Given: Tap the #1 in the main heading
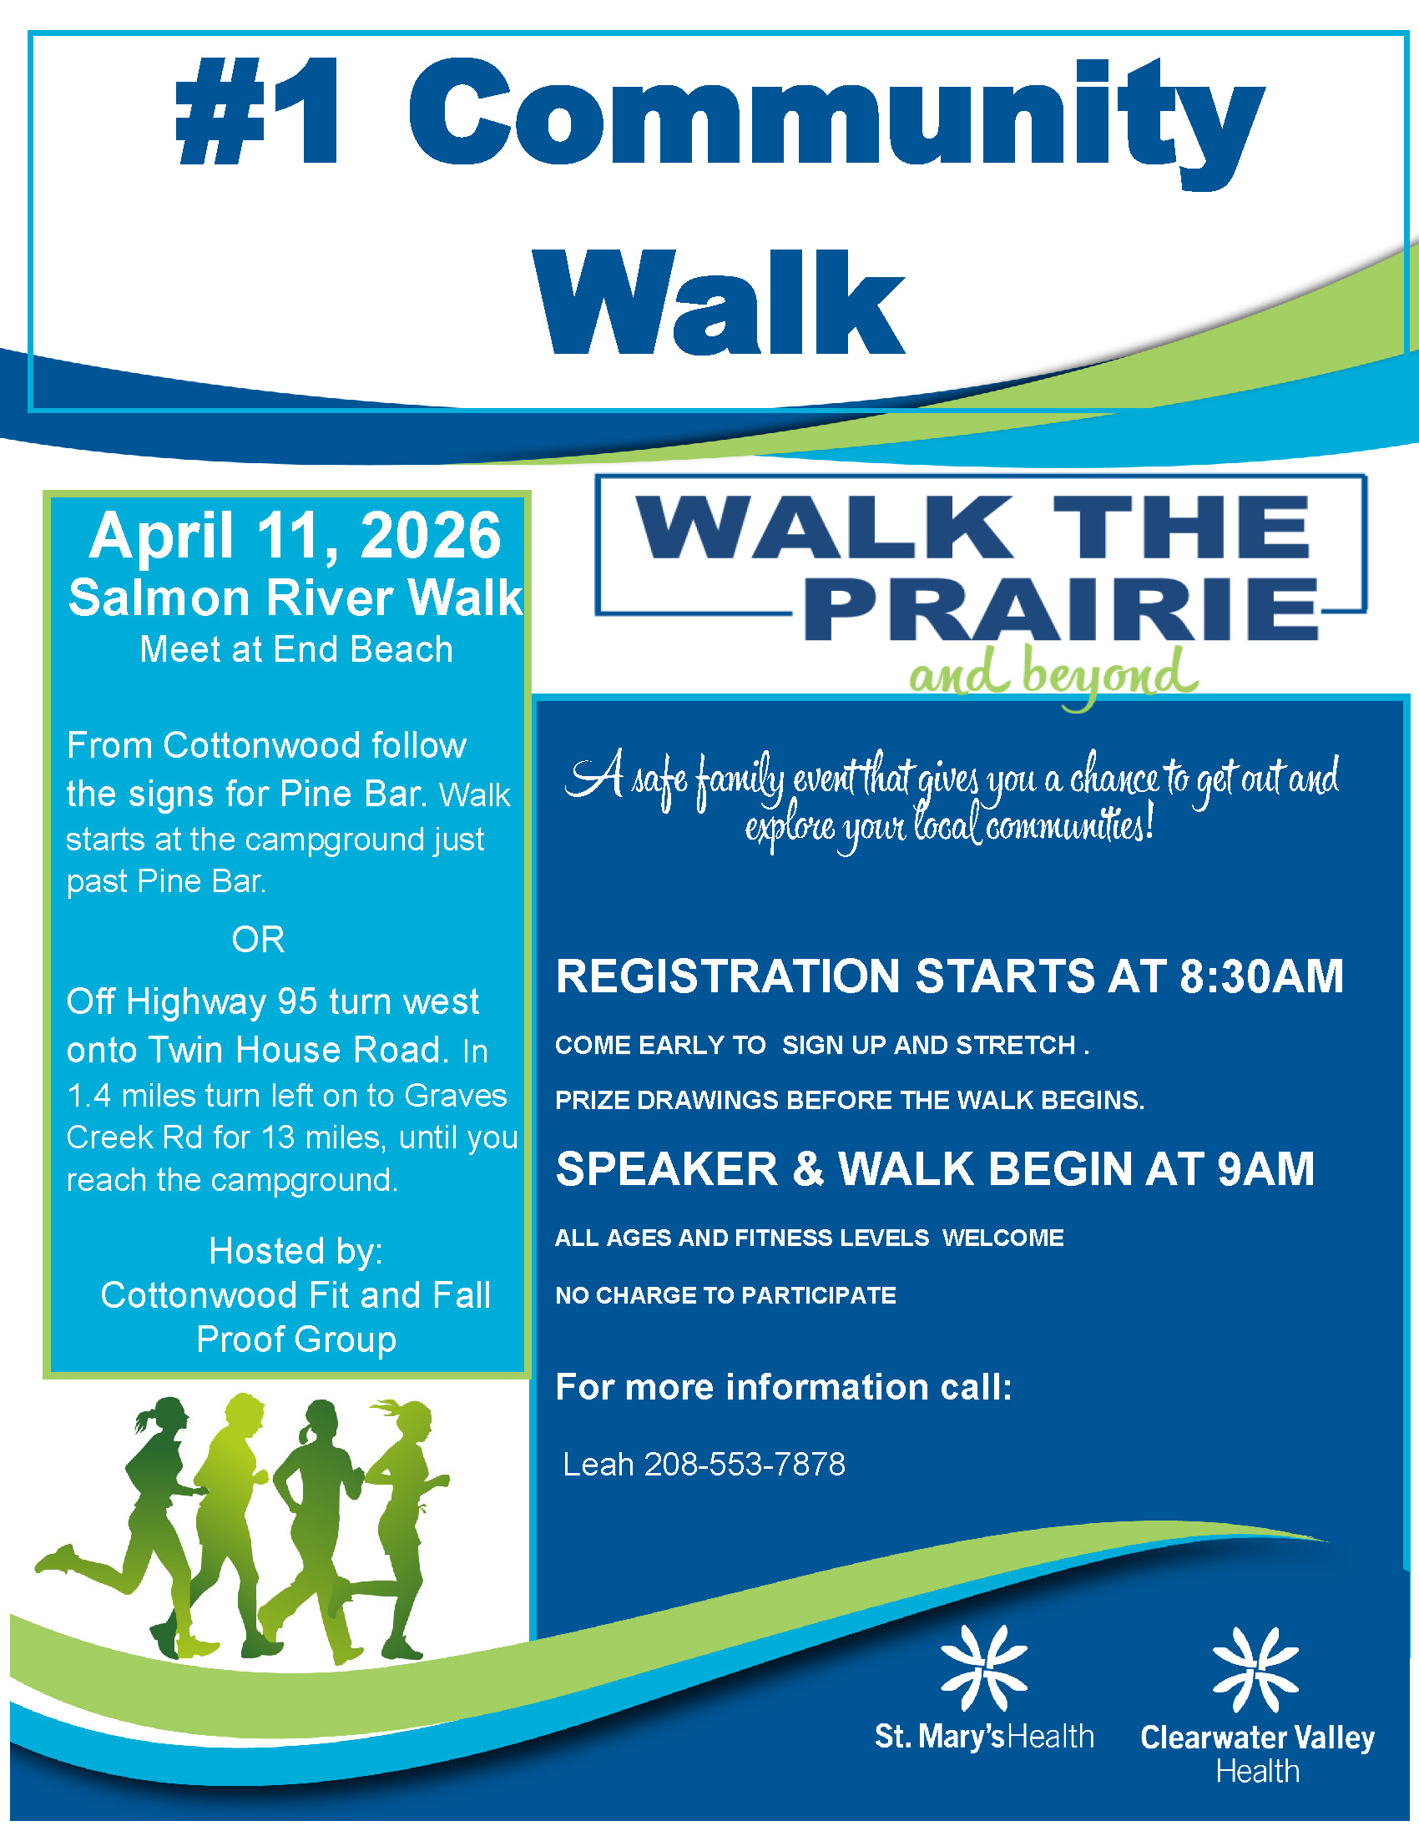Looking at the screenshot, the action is [258, 111].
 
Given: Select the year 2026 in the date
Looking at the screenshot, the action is [431, 536].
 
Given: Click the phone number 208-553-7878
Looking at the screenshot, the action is [745, 1465].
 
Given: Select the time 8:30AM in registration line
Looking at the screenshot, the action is [1261, 976].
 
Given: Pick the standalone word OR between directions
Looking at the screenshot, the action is [258, 940].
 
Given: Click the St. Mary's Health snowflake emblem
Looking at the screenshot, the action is [983, 1668].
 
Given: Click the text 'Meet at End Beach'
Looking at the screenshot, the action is [297, 649].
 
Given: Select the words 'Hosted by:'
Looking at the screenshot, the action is [296, 1251].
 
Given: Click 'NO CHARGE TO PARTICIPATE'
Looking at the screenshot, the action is [725, 1295].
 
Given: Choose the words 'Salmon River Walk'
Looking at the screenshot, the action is [296, 598].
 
